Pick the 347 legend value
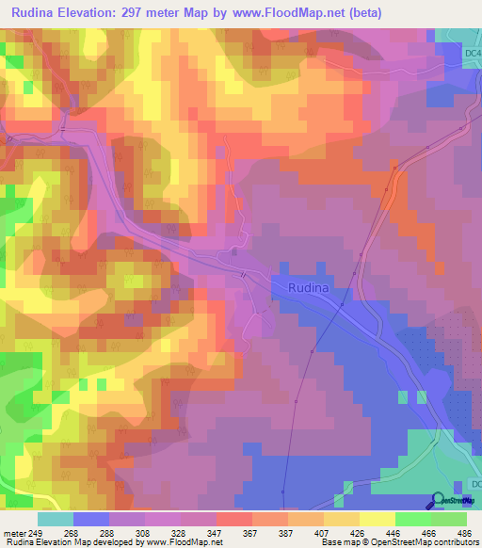point(217,534)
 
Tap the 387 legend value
point(290,534)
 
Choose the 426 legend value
point(363,534)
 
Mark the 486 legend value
point(461,534)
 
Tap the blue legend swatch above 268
point(91,519)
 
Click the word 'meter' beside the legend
point(13,534)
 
